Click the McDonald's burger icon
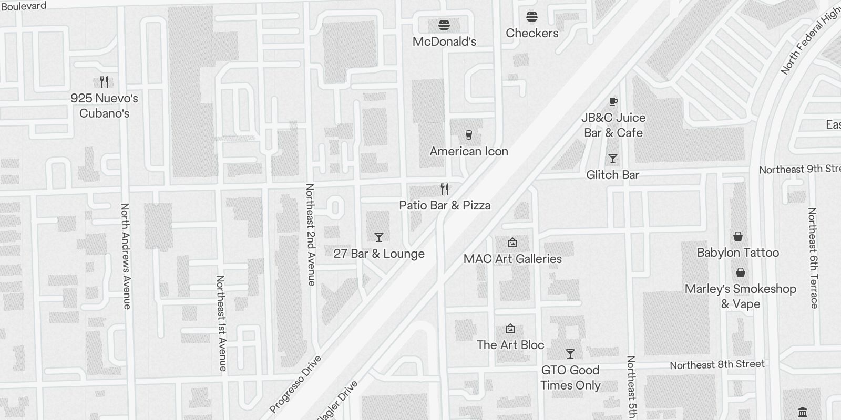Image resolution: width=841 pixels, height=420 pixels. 444,25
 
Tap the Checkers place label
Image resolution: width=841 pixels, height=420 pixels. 532,33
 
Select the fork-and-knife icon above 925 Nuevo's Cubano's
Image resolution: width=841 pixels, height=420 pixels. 104,82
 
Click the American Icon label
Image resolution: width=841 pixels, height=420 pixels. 469,151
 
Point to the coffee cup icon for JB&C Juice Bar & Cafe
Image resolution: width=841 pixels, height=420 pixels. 613,101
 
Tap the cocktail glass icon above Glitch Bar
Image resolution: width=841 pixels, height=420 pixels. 612,159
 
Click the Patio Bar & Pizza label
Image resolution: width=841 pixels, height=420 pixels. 445,205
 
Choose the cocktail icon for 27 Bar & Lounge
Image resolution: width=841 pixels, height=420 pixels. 378,237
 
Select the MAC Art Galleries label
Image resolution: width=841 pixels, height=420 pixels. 512,259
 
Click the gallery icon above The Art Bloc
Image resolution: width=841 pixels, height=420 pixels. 510,329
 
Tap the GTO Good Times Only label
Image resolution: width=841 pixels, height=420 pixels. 570,377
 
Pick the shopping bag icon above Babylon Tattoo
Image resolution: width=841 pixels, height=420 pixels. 738,236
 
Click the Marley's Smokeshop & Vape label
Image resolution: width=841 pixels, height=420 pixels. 740,296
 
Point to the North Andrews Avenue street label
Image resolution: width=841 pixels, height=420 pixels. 126,256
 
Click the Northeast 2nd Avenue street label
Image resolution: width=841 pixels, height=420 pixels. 311,235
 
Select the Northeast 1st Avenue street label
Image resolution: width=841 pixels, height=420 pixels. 221,323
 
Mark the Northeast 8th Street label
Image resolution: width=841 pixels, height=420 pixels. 717,365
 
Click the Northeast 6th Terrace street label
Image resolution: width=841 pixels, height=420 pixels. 813,258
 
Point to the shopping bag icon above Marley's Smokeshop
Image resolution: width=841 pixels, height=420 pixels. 740,272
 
